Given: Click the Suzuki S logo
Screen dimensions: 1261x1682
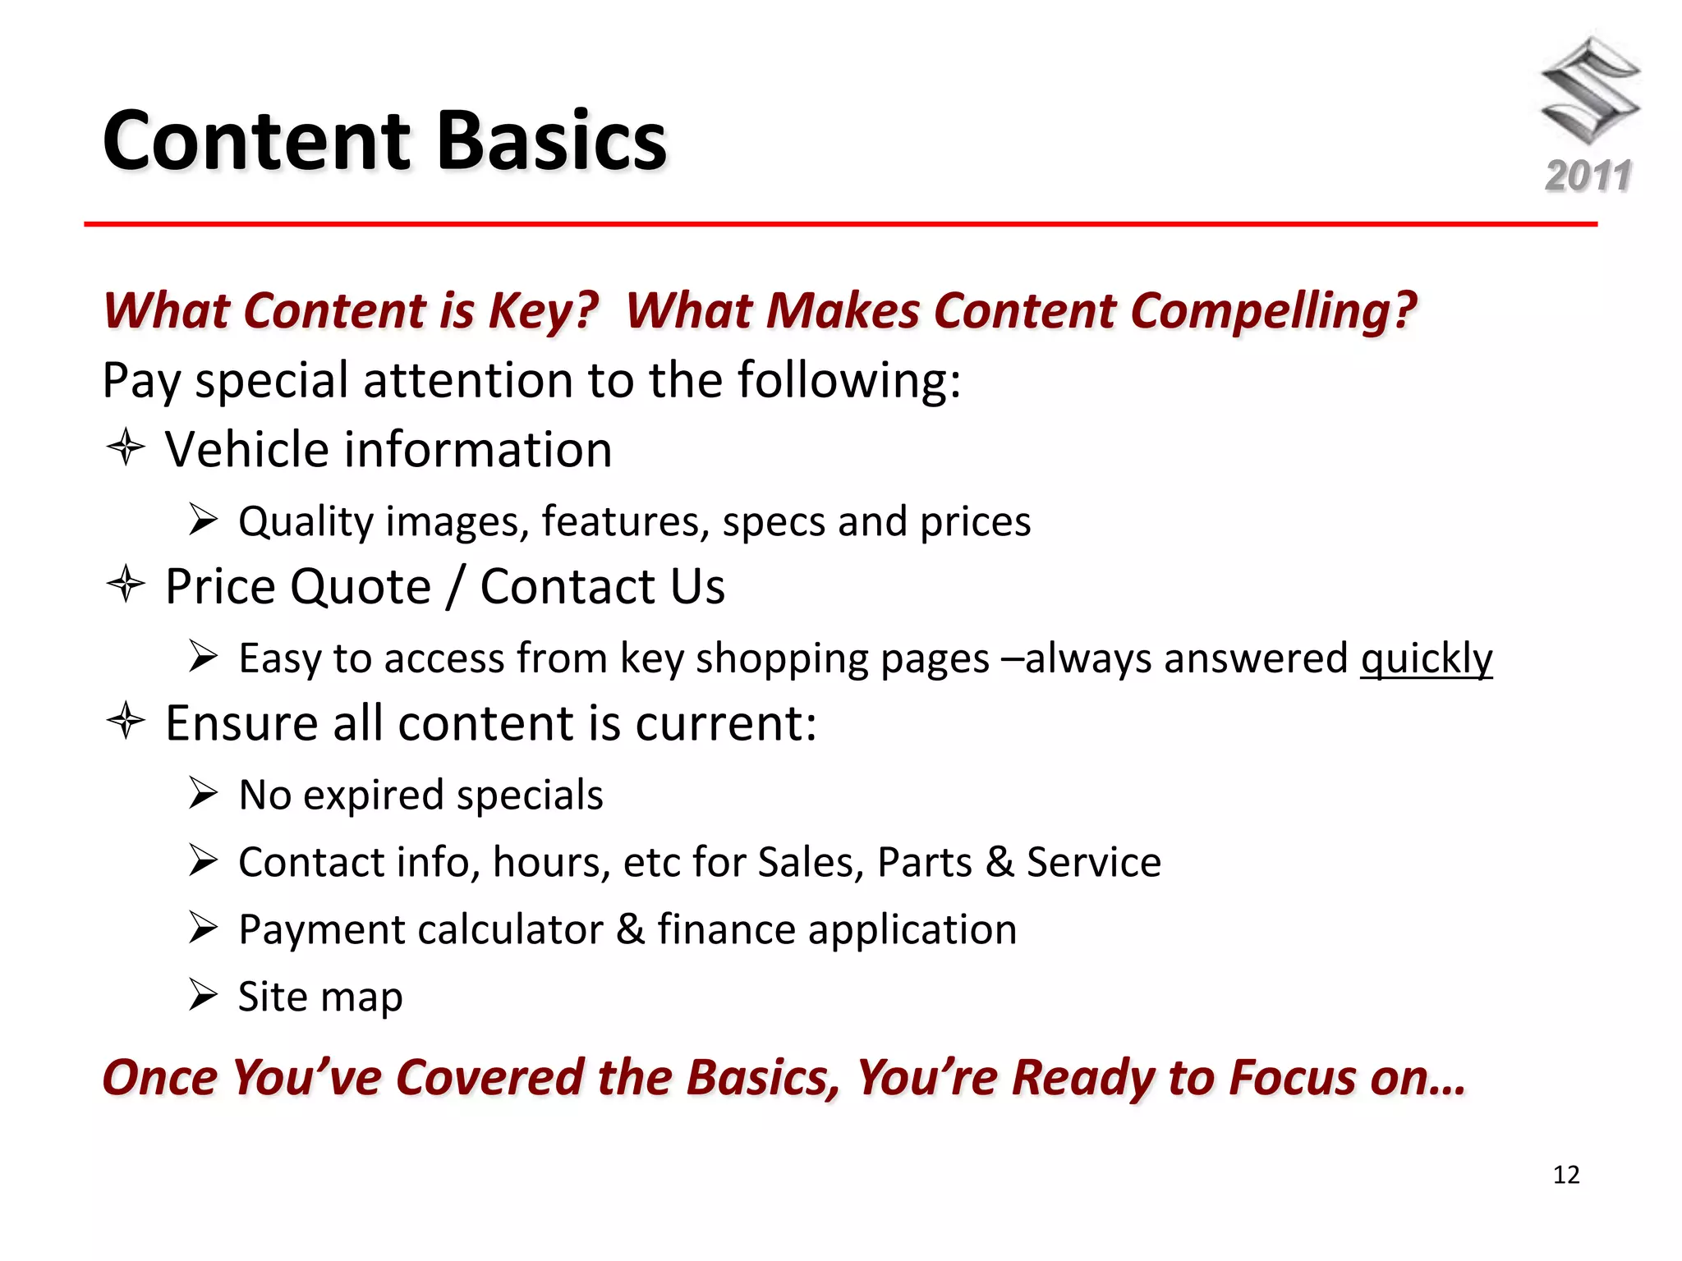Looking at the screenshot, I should tap(1589, 90).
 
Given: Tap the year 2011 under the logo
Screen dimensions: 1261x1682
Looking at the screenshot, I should tap(1588, 177).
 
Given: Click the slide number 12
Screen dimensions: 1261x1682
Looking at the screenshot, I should tap(1566, 1175).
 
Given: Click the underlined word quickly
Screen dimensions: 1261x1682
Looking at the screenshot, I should tap(1426, 659).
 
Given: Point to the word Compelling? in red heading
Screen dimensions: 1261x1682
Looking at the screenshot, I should tap(1273, 311).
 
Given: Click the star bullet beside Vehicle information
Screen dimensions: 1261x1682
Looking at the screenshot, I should tap(126, 448).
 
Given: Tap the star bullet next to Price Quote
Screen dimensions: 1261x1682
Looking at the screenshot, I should tap(126, 585).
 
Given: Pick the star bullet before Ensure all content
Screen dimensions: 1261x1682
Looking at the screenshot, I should tap(126, 722).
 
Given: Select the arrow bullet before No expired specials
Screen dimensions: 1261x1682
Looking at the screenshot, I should tap(203, 792).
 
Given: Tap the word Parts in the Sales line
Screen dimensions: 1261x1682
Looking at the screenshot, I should tap(924, 863).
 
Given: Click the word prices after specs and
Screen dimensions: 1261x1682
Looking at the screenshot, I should tap(975, 523).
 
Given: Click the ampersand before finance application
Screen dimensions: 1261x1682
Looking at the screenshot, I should tap(630, 930).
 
